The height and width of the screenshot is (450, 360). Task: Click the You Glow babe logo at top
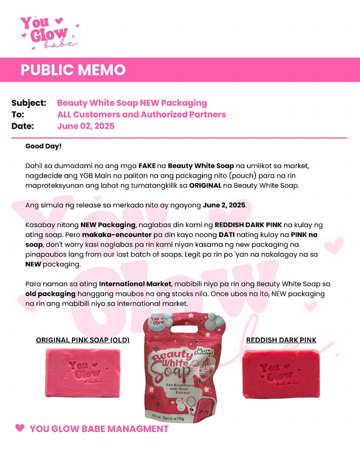(x=47, y=32)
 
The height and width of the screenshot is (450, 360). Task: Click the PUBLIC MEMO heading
(x=73, y=70)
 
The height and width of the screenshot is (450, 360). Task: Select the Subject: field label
(x=29, y=103)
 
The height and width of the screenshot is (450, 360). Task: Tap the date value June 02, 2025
(x=86, y=126)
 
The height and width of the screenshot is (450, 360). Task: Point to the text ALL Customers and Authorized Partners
(x=142, y=114)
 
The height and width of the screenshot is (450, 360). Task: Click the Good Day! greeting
(x=43, y=146)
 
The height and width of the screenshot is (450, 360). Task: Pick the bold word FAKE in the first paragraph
(x=147, y=165)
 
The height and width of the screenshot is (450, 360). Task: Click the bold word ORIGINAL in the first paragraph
(x=205, y=185)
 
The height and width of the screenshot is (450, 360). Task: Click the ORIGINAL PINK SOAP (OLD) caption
(x=82, y=340)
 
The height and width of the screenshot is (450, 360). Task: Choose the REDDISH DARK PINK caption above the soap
(x=281, y=340)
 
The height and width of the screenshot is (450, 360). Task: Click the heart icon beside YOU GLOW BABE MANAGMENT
(x=20, y=428)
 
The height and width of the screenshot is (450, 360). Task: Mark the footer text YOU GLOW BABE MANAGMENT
(x=99, y=429)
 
